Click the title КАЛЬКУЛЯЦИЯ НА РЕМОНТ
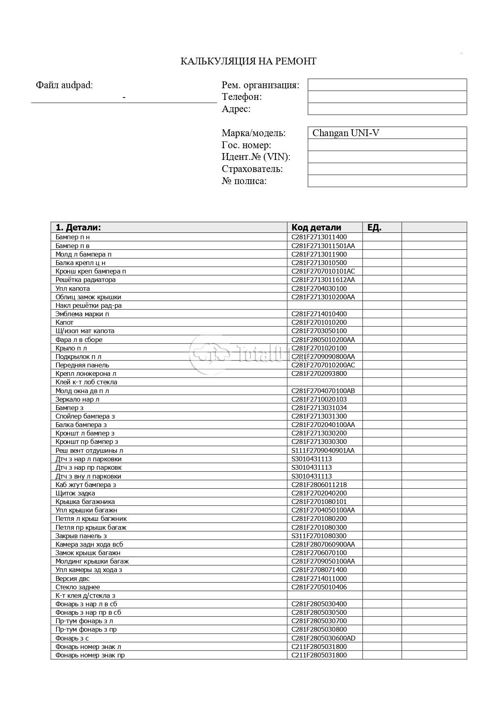(x=248, y=61)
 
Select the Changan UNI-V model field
(x=387, y=133)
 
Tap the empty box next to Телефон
(x=387, y=97)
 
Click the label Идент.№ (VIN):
(x=256, y=157)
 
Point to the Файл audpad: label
(x=64, y=85)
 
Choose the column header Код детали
(x=316, y=227)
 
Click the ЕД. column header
(x=374, y=227)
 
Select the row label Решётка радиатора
(x=85, y=280)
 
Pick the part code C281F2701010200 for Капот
(x=319, y=322)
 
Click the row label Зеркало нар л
(x=77, y=399)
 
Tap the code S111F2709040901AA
(x=323, y=450)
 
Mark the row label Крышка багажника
(x=85, y=502)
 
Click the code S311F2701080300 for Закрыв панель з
(x=319, y=536)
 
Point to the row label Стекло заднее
(x=78, y=587)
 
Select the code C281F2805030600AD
(x=323, y=638)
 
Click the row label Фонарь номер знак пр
(x=90, y=655)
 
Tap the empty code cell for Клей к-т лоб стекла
(x=324, y=382)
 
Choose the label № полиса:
(x=244, y=181)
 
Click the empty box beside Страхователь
(x=387, y=169)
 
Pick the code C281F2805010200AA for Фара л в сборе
(x=323, y=340)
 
